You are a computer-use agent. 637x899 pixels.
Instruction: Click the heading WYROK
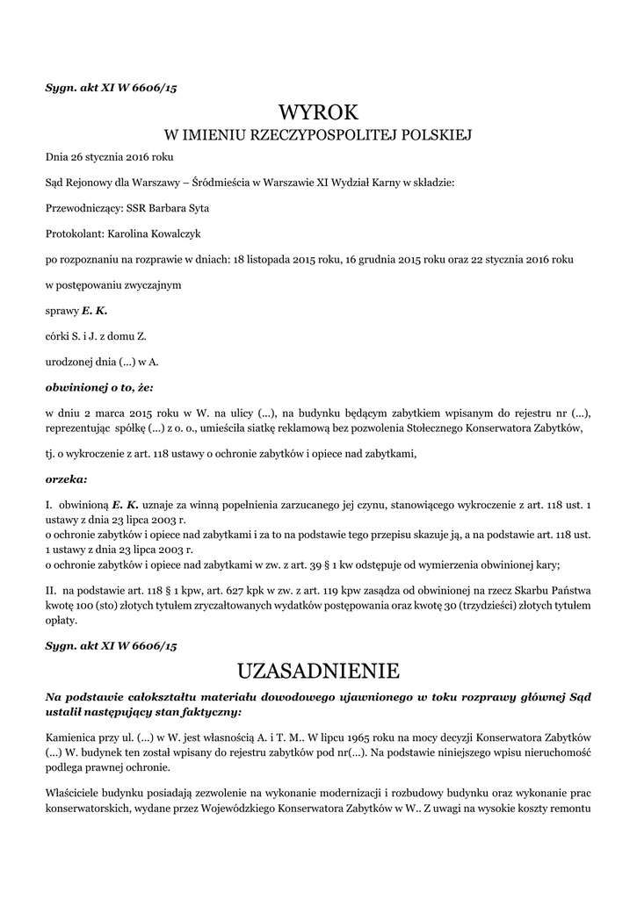coord(319,112)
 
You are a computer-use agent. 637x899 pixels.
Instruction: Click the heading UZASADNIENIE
coord(318,672)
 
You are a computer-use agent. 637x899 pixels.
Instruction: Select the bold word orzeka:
coord(66,479)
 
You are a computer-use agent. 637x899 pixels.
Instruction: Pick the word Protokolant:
coord(75,234)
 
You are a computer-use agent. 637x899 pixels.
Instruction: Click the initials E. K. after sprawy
coord(95,311)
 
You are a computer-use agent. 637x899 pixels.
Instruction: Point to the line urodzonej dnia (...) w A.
coord(102,361)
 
